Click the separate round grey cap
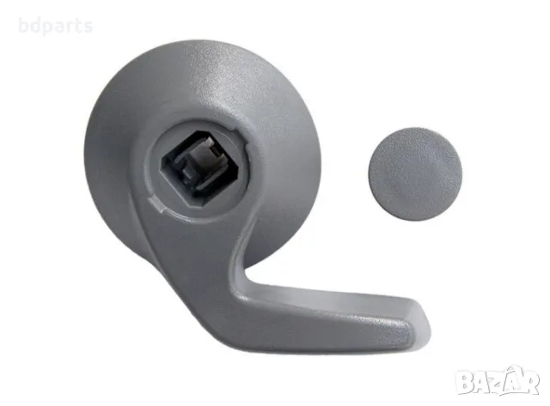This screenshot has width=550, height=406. pos(415,174)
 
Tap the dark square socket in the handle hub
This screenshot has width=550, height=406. pos(199,170)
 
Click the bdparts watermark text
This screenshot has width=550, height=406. pos(55,26)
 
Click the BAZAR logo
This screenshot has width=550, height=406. pos(498,381)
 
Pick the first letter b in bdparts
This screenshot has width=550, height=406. pos(23,25)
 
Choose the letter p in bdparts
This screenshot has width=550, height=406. pos(46,28)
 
